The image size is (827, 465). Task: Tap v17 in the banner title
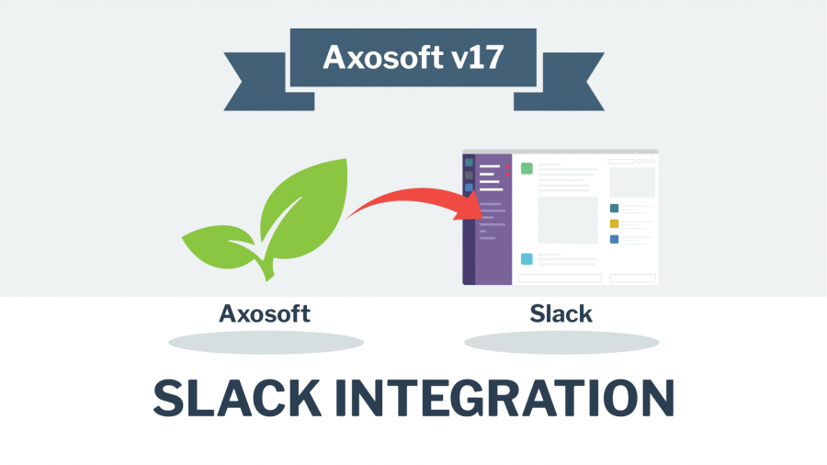tap(478, 58)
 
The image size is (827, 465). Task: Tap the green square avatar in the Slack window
tap(527, 168)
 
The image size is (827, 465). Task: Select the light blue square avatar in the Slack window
tap(527, 259)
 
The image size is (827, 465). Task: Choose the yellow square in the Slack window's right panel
tap(614, 223)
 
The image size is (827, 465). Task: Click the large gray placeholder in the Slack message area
tap(568, 220)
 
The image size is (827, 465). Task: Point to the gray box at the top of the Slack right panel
tap(632, 182)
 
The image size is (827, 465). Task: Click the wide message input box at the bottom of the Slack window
tap(561, 278)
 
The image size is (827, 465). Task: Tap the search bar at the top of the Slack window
tap(621, 162)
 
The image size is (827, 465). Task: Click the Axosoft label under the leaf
tap(265, 313)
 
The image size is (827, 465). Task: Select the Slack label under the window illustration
tap(561, 313)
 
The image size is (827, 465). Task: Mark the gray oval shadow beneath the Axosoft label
tap(266, 343)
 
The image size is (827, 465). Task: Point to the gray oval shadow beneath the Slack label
tap(561, 343)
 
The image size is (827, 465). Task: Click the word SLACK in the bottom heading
tap(237, 398)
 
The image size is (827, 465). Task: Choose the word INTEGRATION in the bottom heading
tap(504, 398)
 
